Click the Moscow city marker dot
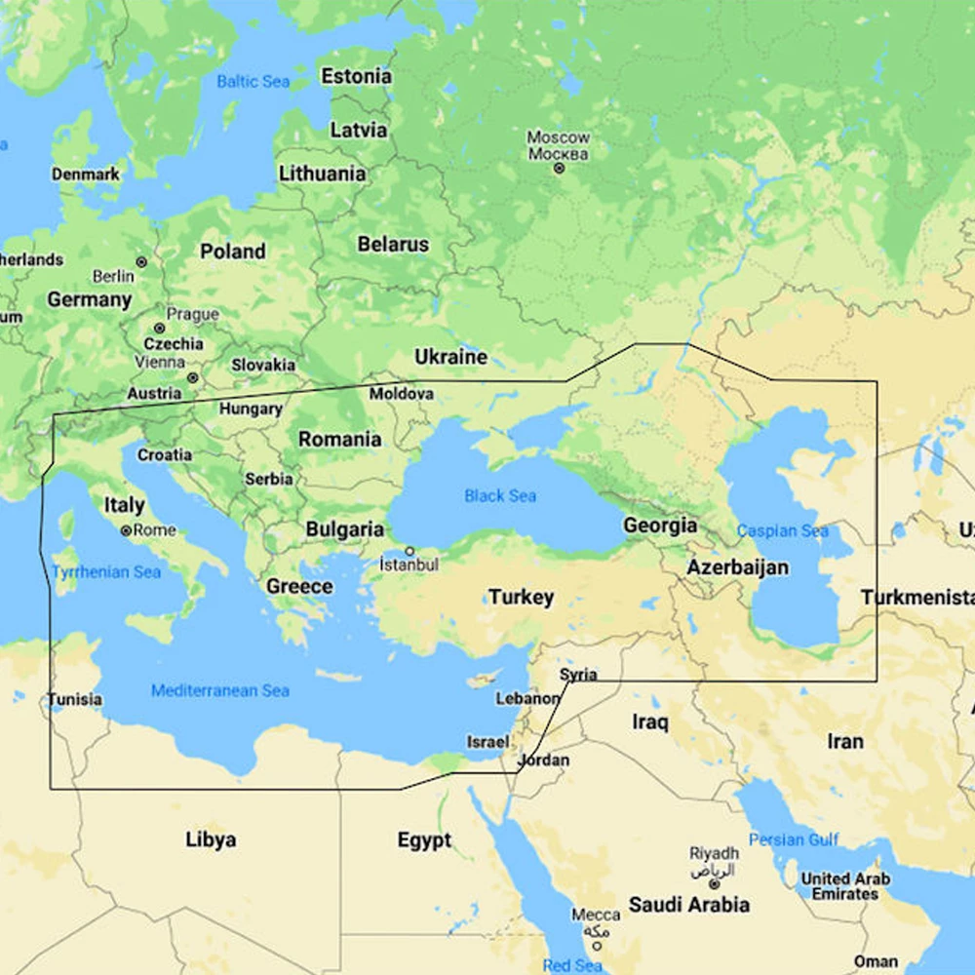(x=559, y=168)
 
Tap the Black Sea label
(x=500, y=496)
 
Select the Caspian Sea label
(x=782, y=531)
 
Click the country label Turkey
(x=521, y=597)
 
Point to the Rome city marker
(x=126, y=530)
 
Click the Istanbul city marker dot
(x=409, y=551)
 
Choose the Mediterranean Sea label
(x=219, y=690)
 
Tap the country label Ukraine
(x=450, y=357)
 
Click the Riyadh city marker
(x=715, y=883)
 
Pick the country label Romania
(x=339, y=439)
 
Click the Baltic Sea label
(x=253, y=81)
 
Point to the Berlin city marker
(x=141, y=262)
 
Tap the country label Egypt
(x=424, y=839)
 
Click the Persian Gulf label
(x=794, y=839)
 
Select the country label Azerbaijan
(x=737, y=566)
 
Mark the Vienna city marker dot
(x=193, y=376)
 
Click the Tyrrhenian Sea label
(x=105, y=571)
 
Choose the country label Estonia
(x=356, y=76)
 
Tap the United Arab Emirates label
(x=845, y=886)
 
